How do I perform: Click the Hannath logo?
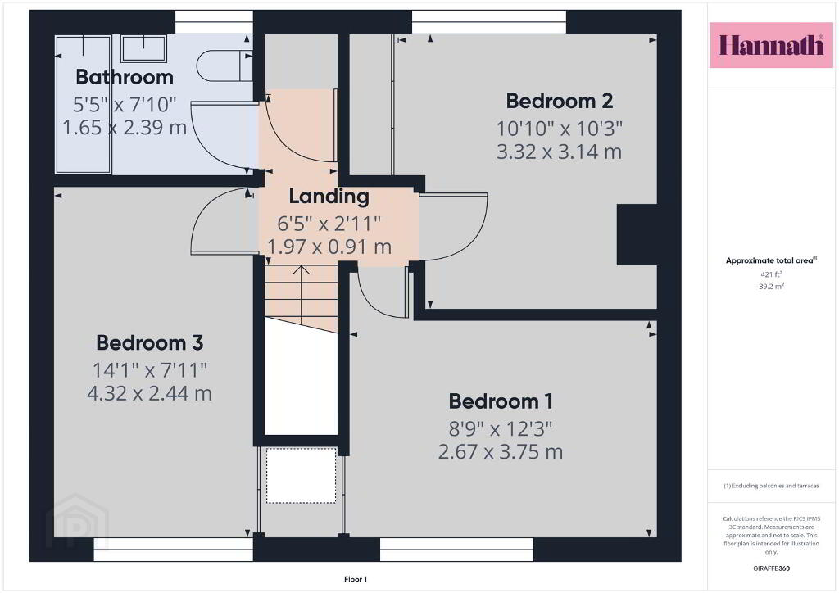click(x=771, y=45)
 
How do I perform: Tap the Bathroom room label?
click(x=125, y=77)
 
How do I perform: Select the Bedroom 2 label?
click(x=559, y=101)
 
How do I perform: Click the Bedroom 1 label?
click(x=501, y=401)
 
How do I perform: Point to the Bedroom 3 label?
click(x=150, y=342)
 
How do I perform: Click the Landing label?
click(x=329, y=197)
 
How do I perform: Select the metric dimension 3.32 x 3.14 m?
click(x=559, y=152)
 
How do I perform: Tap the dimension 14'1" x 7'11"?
click(x=150, y=369)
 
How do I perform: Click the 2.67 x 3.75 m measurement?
click(x=501, y=452)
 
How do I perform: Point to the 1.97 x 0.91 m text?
click(x=329, y=247)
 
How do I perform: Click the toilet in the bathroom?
click(x=224, y=66)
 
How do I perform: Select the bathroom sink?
click(x=143, y=48)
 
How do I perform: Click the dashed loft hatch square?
click(x=302, y=475)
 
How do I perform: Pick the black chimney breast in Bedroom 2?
click(x=637, y=234)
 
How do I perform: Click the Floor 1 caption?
click(x=356, y=579)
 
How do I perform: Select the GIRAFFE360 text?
click(x=771, y=568)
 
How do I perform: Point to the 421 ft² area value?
click(x=771, y=274)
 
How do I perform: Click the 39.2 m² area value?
click(x=771, y=287)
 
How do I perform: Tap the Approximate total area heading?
click(x=771, y=261)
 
